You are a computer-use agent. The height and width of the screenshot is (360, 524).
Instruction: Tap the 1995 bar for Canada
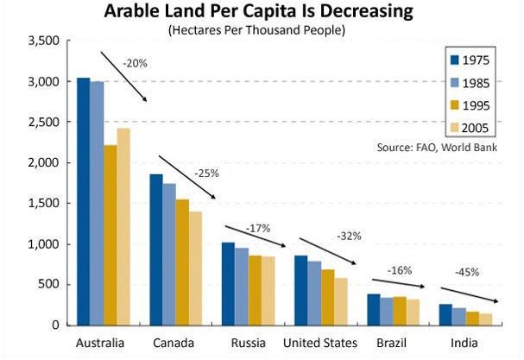[x=182, y=262]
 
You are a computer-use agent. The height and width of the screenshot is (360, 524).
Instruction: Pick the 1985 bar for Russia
[x=242, y=287]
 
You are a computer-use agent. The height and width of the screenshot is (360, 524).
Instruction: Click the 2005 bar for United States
[x=341, y=301]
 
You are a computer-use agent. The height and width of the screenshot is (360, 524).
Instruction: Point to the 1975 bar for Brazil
[x=373, y=309]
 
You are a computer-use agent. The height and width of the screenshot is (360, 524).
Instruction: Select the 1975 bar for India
[x=445, y=314]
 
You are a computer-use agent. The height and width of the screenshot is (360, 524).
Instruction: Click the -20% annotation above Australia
[x=135, y=63]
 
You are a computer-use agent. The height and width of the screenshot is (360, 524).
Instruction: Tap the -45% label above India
[x=467, y=271]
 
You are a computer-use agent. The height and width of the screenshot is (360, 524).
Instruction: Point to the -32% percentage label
[x=350, y=235]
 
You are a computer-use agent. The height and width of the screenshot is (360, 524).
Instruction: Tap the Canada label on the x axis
[x=173, y=343]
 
